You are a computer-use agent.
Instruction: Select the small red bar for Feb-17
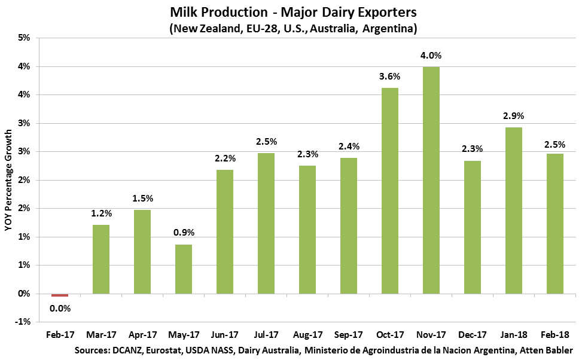point(60,295)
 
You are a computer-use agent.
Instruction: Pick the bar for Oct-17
point(390,190)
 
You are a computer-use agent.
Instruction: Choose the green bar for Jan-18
point(514,210)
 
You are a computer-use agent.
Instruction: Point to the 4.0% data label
point(431,56)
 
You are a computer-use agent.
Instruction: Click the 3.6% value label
point(389,77)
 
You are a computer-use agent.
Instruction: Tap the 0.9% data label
point(184,233)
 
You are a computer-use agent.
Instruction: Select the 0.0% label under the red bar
point(60,309)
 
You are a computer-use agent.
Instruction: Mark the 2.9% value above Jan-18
point(514,116)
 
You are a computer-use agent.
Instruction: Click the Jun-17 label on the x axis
point(225,335)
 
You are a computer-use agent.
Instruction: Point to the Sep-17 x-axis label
point(349,335)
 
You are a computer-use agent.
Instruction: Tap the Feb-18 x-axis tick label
point(555,335)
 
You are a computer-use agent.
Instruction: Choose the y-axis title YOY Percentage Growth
point(8,179)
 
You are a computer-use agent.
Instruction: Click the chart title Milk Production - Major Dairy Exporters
point(292,13)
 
